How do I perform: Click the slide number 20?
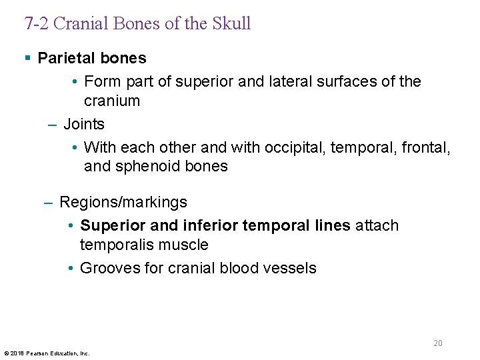point(438,343)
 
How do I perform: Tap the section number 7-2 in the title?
point(37,23)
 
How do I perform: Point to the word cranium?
point(112,101)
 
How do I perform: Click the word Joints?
point(84,124)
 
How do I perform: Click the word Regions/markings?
point(123,202)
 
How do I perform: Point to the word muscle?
point(185,245)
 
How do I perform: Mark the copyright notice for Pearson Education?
point(47,353)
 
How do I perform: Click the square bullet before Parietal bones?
point(27,59)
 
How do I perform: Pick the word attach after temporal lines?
point(377,225)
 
